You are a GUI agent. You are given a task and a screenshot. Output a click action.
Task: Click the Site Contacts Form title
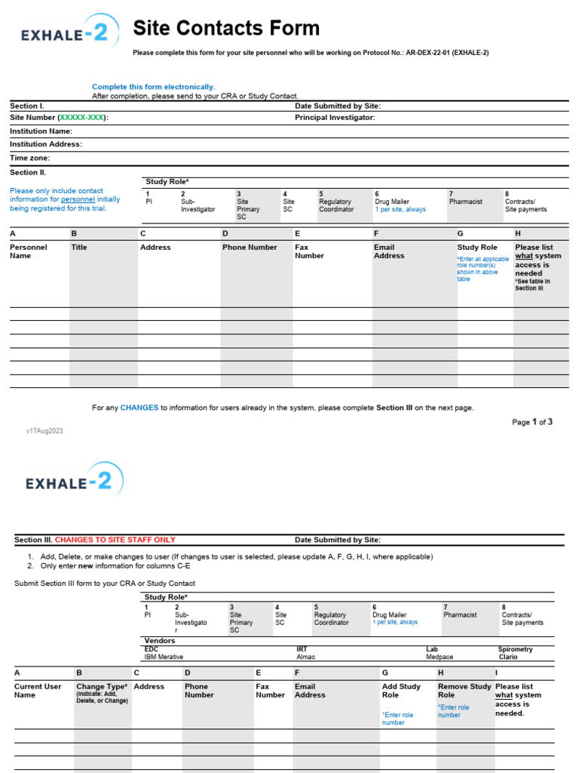226,29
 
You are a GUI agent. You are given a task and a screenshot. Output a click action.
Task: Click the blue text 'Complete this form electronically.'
153,87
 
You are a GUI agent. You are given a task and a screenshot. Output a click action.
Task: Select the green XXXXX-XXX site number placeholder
83,118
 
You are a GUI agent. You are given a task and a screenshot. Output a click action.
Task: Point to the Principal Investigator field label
335,118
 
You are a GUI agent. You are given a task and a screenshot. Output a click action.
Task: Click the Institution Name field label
41,131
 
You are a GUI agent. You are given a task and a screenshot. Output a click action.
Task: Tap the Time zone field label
29,158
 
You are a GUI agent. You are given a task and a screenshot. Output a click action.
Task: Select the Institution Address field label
45,144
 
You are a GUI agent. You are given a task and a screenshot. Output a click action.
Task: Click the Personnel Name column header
28,251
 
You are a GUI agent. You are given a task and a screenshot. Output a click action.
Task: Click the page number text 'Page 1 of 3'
532,422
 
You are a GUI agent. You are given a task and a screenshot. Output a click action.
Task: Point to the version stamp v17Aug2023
44,430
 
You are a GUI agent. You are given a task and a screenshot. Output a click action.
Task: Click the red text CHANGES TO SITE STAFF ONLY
115,540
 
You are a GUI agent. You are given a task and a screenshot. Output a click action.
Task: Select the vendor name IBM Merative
164,658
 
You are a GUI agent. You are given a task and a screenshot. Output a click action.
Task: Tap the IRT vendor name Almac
306,658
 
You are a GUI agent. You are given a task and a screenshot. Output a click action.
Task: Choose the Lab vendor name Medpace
440,658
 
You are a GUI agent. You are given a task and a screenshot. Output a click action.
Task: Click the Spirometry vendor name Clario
508,658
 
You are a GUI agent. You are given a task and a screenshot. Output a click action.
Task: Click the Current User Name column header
38,691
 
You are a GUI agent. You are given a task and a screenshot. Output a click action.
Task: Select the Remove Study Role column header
464,691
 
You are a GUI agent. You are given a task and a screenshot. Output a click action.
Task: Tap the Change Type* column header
102,687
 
